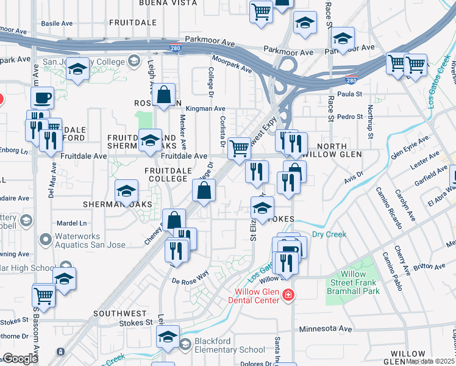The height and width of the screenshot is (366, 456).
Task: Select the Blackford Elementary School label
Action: click(x=230, y=345)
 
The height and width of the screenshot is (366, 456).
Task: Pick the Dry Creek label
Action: click(x=329, y=234)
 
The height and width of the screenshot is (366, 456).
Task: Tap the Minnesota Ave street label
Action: click(x=326, y=329)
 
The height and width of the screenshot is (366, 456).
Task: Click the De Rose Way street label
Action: click(x=190, y=276)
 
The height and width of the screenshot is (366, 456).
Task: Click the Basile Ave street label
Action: click(x=57, y=23)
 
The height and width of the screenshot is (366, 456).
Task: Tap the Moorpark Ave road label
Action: click(x=229, y=66)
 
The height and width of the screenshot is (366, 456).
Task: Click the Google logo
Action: click(x=20, y=359)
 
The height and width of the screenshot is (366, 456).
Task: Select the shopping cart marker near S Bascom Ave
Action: click(x=44, y=295)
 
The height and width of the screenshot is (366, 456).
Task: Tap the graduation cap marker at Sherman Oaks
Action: click(x=126, y=191)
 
